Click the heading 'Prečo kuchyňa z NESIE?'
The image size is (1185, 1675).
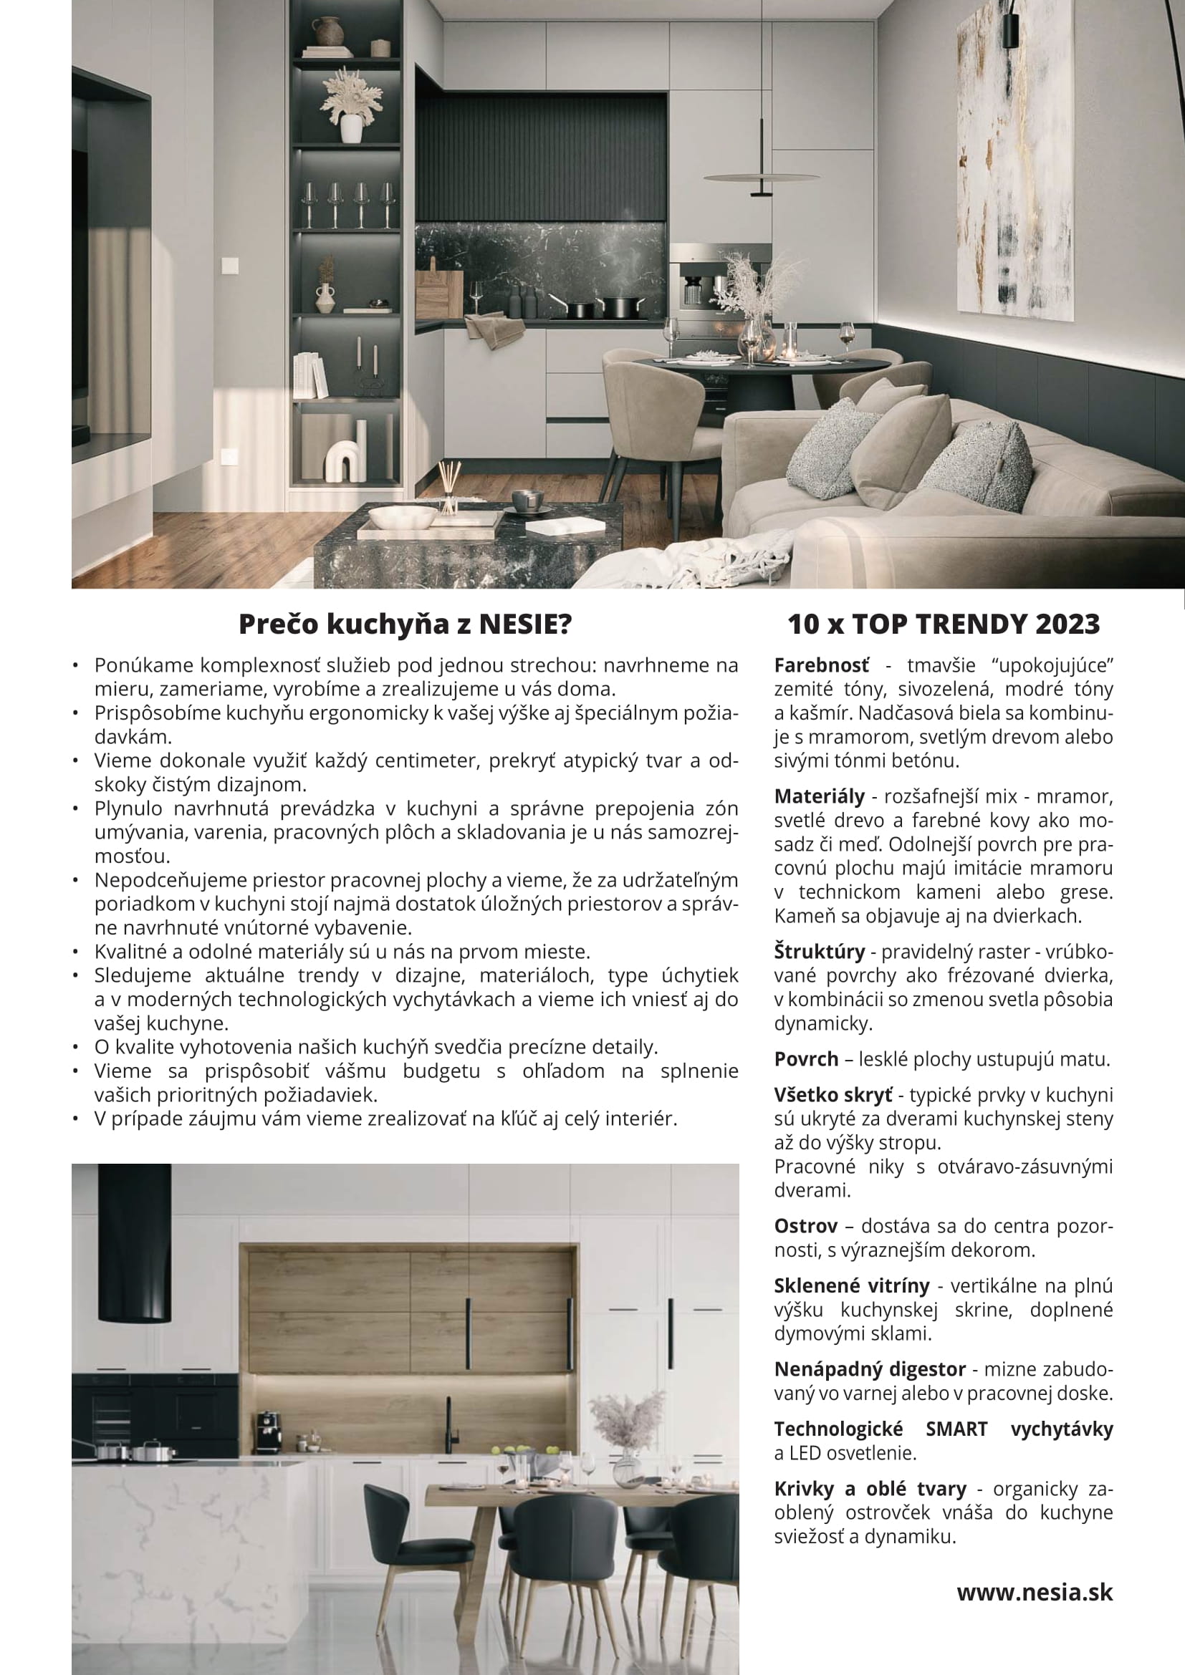pos(405,624)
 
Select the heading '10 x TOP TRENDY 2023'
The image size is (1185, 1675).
pos(943,624)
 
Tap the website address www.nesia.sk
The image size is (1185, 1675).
pos(1035,1592)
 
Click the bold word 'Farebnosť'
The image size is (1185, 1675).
pos(822,665)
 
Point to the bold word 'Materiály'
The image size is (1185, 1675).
pos(819,796)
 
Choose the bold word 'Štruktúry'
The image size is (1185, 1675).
pos(819,952)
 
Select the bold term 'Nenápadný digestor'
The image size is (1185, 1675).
pos(869,1369)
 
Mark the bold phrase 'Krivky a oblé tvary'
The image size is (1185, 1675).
pos(870,1488)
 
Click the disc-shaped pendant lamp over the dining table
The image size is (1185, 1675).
pos(761,178)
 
